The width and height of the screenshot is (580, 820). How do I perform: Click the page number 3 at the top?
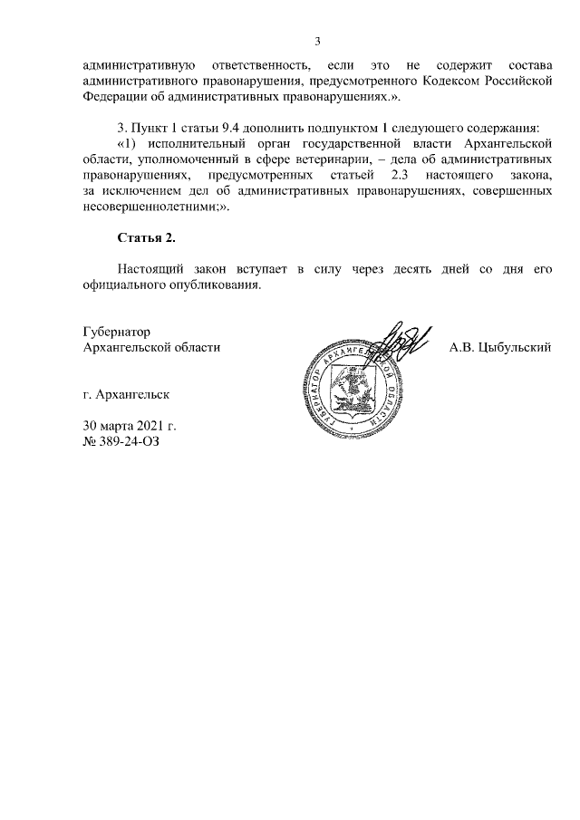[x=317, y=41]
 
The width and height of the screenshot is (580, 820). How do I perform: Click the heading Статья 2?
[x=145, y=238]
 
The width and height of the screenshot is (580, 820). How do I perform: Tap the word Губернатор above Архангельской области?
[x=116, y=333]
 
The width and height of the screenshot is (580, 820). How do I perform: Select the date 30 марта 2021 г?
[x=130, y=426]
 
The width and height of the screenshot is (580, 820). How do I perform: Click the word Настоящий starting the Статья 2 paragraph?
[x=152, y=269]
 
